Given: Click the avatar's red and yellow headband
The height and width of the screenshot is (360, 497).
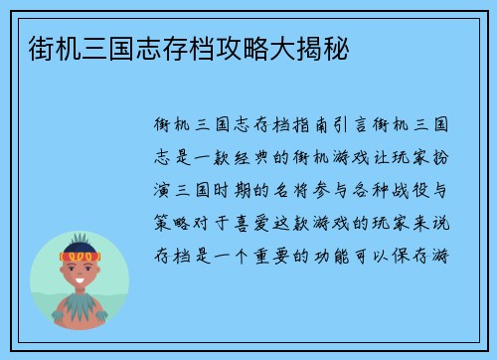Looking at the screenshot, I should [81, 256].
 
